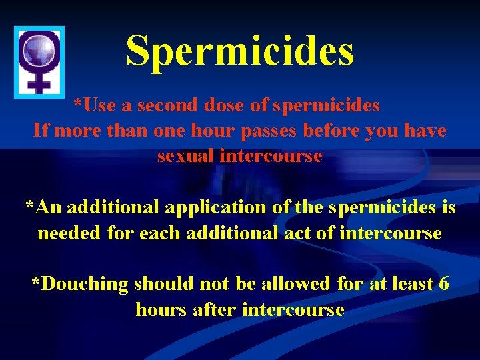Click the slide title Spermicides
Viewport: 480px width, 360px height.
[x=240, y=51]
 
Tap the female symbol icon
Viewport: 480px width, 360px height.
[x=39, y=59]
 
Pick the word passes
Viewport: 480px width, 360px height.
[x=269, y=131]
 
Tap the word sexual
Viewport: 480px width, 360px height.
[x=181, y=156]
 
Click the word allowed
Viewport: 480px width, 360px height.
[x=294, y=284]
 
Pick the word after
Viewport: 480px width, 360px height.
[x=215, y=309]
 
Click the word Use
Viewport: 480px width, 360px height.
[x=101, y=105]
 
